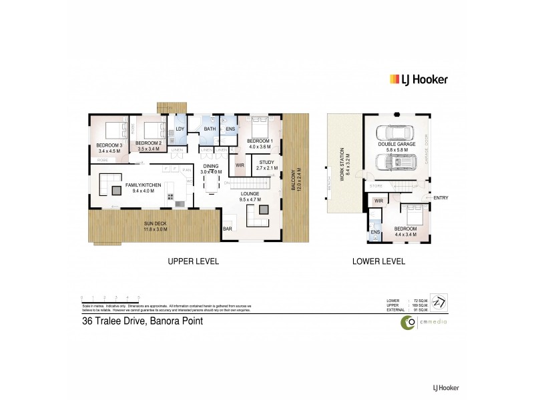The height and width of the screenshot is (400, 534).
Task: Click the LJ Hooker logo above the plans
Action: click(x=418, y=79)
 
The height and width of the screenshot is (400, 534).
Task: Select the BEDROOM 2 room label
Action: click(x=148, y=143)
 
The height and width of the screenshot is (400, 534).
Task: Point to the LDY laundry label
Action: click(x=180, y=129)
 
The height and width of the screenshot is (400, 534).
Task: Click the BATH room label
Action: click(x=209, y=129)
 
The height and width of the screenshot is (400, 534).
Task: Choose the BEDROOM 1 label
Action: click(x=257, y=141)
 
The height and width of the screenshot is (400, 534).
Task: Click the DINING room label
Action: click(x=211, y=167)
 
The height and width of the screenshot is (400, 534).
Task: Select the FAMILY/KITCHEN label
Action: click(x=140, y=185)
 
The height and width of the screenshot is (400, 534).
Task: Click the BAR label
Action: click(x=228, y=228)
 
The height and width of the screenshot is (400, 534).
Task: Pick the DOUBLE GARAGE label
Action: click(x=396, y=144)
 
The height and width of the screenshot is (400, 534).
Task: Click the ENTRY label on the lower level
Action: click(x=441, y=197)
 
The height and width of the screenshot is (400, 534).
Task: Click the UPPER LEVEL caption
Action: click(x=195, y=262)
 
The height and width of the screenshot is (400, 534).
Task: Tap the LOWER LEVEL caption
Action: click(x=378, y=262)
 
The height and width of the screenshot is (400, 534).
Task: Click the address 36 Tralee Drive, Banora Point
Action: click(x=141, y=321)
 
